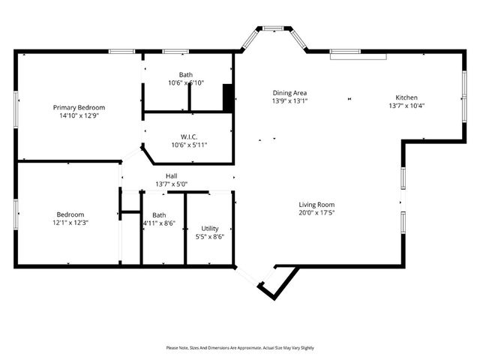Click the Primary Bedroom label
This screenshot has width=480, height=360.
79,107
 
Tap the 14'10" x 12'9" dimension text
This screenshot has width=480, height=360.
79,116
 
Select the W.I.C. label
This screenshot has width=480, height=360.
188,136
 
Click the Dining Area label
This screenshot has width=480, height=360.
289,93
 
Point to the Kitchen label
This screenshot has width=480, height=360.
406,97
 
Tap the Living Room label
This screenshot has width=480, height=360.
316,205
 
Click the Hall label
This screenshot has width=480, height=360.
171,175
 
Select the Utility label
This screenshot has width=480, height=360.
210,229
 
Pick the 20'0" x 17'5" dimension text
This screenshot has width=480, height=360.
316,213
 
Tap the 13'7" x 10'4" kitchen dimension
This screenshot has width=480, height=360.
406,106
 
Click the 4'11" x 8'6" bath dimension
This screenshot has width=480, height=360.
159,223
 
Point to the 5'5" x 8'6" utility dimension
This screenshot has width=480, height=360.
210,237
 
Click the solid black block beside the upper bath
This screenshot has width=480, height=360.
229,98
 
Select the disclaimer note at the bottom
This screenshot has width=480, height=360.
240,348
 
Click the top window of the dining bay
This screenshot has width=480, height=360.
272,28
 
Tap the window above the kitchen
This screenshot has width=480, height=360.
358,53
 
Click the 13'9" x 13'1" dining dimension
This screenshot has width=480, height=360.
289,102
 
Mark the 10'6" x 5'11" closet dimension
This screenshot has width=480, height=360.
188,145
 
